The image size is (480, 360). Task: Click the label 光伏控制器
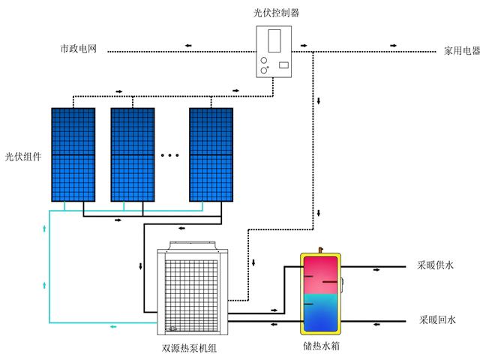click(x=276, y=13)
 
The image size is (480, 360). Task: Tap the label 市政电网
click(x=79, y=49)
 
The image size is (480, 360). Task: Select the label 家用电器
click(x=462, y=51)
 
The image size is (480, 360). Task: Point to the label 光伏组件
click(x=23, y=157)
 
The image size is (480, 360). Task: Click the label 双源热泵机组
click(x=189, y=348)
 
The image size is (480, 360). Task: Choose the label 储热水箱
click(x=321, y=346)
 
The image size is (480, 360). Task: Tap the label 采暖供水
click(x=435, y=265)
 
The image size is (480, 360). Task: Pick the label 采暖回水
click(x=437, y=320)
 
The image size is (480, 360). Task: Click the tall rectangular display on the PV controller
click(x=274, y=40)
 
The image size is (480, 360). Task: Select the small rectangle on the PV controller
click(x=283, y=65)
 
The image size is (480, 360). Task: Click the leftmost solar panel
click(x=73, y=154)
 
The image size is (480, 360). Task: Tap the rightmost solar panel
click(x=211, y=154)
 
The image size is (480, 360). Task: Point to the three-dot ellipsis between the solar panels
click(x=170, y=155)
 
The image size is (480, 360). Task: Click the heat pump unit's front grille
click(x=191, y=295)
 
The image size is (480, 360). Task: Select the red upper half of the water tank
click(x=320, y=275)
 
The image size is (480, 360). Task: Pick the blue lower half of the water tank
click(x=320, y=313)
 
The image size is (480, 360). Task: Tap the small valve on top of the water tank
click(x=320, y=250)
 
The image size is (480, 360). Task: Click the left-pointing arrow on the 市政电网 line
click(x=188, y=46)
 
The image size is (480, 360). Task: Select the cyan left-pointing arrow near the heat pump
click(x=113, y=327)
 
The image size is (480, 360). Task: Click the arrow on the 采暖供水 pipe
click(x=376, y=270)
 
